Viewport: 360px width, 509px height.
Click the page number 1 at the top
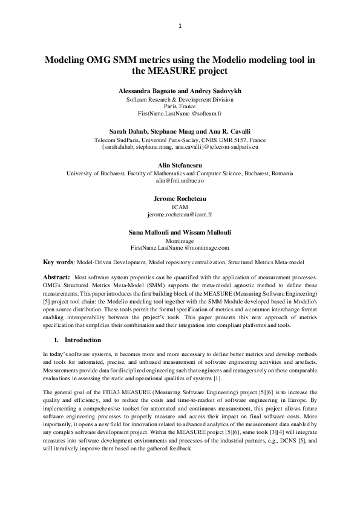(x=180, y=26)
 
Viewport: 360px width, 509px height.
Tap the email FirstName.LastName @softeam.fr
(x=180, y=114)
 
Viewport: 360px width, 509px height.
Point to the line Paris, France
(x=180, y=106)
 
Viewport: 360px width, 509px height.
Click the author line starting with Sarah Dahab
(x=180, y=131)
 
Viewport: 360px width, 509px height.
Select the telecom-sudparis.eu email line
(x=180, y=146)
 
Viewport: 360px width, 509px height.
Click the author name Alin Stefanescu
(x=180, y=164)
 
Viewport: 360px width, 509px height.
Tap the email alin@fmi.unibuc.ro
(x=180, y=180)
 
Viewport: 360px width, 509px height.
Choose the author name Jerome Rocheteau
(x=180, y=198)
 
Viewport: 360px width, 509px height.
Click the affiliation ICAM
(x=180, y=207)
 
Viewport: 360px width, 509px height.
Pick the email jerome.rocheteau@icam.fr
(x=180, y=214)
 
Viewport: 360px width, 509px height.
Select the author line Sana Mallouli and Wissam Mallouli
(x=180, y=232)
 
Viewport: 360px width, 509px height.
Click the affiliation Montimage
(x=180, y=240)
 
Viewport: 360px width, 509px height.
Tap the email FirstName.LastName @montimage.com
(x=180, y=248)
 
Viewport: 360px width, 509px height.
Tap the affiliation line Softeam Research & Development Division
(x=180, y=99)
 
